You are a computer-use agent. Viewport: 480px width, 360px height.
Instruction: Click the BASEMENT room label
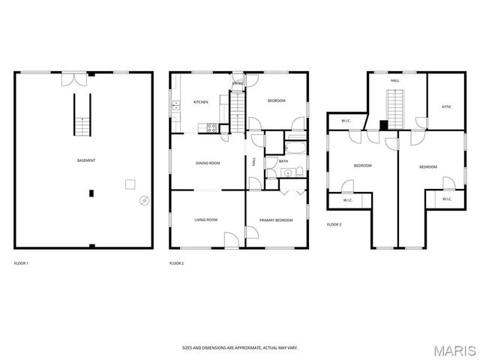(x=86, y=160)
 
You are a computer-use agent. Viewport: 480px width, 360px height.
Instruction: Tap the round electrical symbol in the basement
(x=143, y=201)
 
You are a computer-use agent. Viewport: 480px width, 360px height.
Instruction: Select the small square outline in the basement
(x=130, y=184)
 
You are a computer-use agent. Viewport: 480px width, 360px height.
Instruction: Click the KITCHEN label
(x=200, y=101)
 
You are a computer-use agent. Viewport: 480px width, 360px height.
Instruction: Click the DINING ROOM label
(x=208, y=163)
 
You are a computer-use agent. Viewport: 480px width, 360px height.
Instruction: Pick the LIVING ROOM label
(x=205, y=220)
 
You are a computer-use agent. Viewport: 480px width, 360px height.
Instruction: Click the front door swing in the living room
(x=232, y=239)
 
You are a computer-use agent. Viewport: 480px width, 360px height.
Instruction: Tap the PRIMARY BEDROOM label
(x=276, y=220)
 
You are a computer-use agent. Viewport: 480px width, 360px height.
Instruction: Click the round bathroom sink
(x=286, y=172)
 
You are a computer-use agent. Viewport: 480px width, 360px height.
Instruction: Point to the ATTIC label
(x=446, y=107)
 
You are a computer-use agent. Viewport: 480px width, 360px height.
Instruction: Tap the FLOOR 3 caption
(x=334, y=224)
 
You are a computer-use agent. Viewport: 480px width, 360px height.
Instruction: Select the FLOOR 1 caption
(x=22, y=262)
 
